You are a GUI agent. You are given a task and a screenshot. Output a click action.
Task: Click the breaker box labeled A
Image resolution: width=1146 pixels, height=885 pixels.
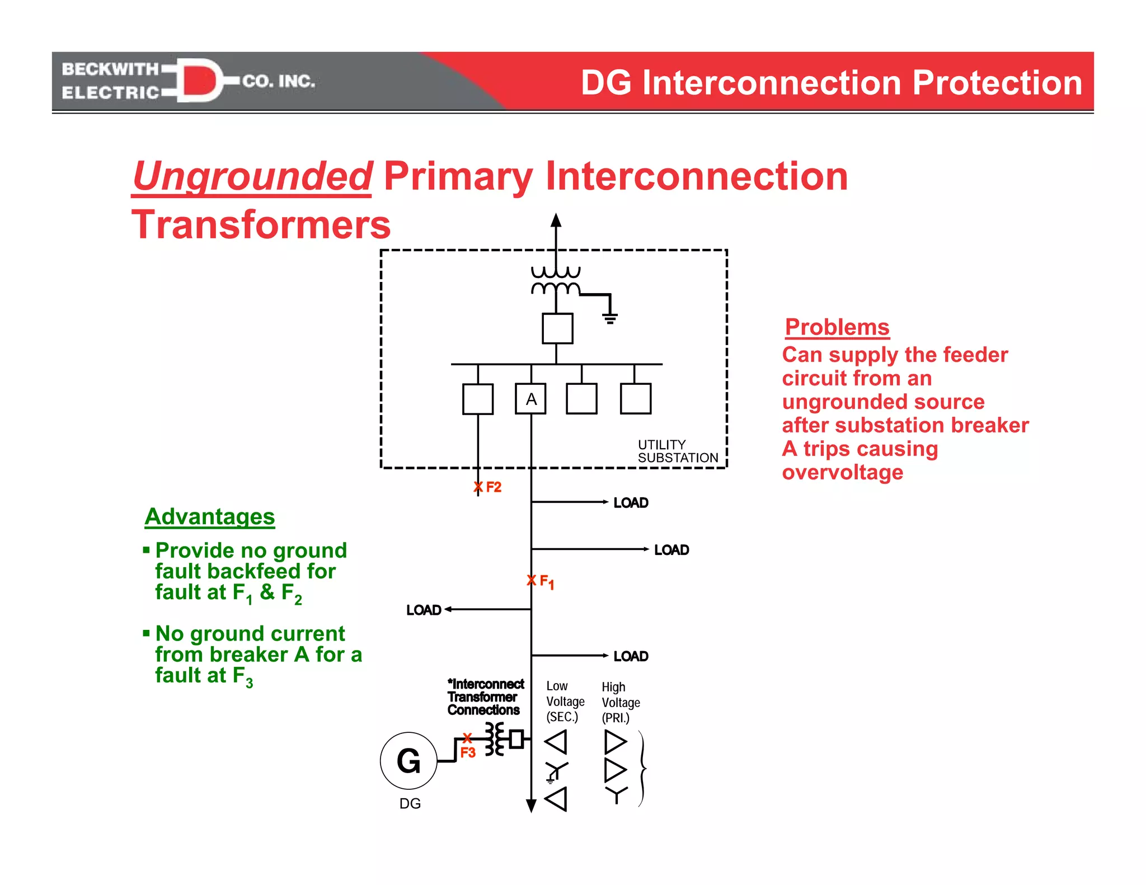coord(530,398)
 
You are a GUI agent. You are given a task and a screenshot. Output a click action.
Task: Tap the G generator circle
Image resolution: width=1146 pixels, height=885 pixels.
coord(408,761)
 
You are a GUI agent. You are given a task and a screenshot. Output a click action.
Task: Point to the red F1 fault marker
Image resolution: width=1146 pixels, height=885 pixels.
coord(541,581)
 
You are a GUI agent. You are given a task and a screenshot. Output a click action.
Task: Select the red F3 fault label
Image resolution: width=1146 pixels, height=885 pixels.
coord(468,752)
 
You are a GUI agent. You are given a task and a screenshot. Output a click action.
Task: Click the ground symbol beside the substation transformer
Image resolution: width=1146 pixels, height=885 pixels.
coord(610,318)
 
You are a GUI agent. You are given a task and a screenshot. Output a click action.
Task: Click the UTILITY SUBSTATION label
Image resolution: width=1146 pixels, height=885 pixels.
coord(677,451)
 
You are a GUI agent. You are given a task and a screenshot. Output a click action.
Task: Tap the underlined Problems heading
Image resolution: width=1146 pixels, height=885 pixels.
coord(837,327)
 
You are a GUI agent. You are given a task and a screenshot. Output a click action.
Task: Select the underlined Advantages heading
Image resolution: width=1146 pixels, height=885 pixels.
coord(210,516)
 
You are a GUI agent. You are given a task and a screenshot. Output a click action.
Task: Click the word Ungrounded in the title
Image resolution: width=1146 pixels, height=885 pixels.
coord(252,176)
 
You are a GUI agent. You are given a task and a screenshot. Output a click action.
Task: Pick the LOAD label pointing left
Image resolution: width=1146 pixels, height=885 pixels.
coord(424,610)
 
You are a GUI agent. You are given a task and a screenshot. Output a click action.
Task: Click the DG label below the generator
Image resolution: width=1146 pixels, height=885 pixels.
coord(410,803)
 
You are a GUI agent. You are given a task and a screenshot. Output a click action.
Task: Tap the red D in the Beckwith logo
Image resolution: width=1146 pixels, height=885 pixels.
coord(199,81)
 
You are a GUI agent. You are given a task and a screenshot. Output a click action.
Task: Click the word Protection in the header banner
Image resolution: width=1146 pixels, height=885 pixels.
coord(997,83)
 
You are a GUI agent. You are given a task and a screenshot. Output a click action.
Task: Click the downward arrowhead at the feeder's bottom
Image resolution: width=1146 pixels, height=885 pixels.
coord(531,806)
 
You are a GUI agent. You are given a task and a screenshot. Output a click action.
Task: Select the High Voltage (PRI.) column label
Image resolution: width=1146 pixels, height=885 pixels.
coord(620,702)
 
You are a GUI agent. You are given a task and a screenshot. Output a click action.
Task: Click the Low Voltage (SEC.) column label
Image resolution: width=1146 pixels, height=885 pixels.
coord(565,701)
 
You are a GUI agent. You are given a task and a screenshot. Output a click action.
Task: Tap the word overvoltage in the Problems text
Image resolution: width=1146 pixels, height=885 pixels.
coord(842,472)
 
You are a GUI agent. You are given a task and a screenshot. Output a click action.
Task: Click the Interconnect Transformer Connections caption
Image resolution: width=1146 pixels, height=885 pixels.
coord(485,697)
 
